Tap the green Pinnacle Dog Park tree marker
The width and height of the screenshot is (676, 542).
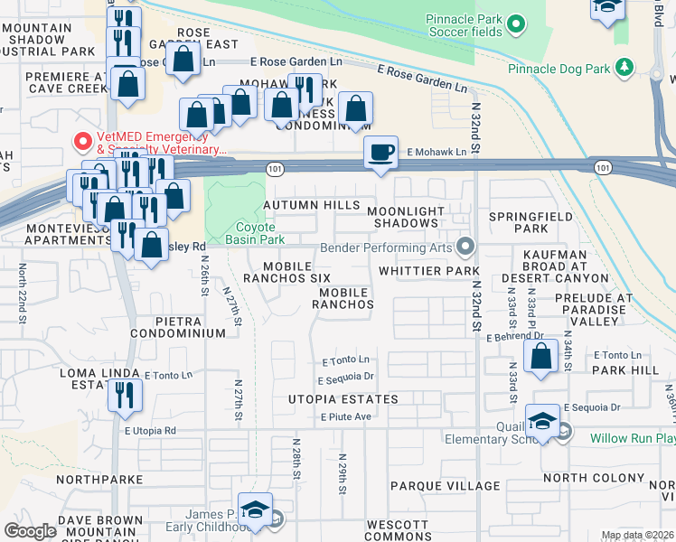[623, 68]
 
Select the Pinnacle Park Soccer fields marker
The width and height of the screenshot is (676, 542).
[516, 24]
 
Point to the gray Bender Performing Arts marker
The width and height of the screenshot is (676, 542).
[465, 247]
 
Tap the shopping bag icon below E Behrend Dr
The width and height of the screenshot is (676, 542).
[541, 355]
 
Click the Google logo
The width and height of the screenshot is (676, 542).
[30, 531]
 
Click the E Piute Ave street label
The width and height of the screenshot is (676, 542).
[347, 416]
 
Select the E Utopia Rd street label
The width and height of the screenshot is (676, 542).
[150, 432]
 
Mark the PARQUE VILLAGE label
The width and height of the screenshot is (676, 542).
[446, 486]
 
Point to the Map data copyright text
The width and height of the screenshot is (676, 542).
[637, 536]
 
